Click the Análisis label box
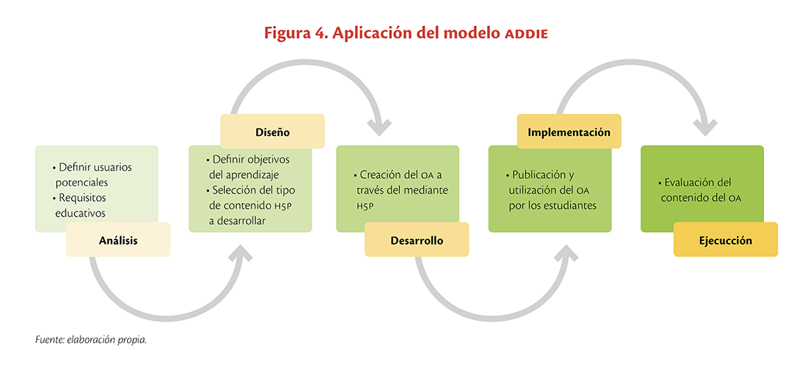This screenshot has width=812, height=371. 118,239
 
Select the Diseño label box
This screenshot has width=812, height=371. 272,131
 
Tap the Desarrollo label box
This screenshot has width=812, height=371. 417,239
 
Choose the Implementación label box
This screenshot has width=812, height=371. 569,131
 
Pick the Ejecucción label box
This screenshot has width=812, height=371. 726,239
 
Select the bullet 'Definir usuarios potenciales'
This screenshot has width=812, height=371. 92,175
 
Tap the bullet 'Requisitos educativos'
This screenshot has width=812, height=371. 83,205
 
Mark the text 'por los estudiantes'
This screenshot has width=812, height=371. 553,205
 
